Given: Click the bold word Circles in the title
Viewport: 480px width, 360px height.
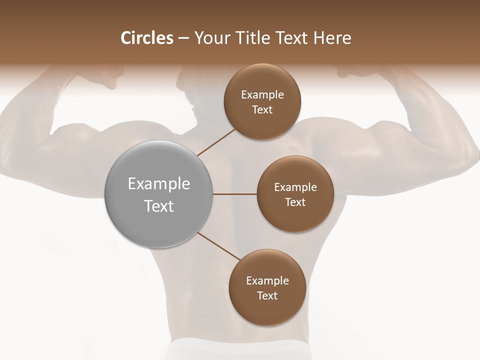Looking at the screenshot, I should coord(146,38).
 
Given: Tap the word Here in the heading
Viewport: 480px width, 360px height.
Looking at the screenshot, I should coord(331,38).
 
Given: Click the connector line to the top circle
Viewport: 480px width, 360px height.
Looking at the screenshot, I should coord(216,141).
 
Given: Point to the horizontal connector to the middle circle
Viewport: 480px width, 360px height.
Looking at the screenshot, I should coord(235,194).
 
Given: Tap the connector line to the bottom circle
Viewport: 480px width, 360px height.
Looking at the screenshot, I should coord(218,246).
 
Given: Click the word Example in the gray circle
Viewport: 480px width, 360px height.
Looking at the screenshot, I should coord(159,184).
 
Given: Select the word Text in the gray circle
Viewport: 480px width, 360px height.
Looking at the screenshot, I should coord(159,206).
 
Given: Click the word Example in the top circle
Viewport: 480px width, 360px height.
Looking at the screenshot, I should coord(262,95).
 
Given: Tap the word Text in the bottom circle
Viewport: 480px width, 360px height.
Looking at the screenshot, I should coord(267,296).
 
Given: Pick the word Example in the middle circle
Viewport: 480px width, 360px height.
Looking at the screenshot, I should coord(295,187).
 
